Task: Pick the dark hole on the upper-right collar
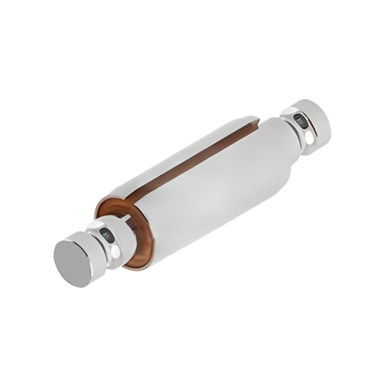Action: (299, 121)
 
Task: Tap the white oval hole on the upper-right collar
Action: (308, 139)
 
